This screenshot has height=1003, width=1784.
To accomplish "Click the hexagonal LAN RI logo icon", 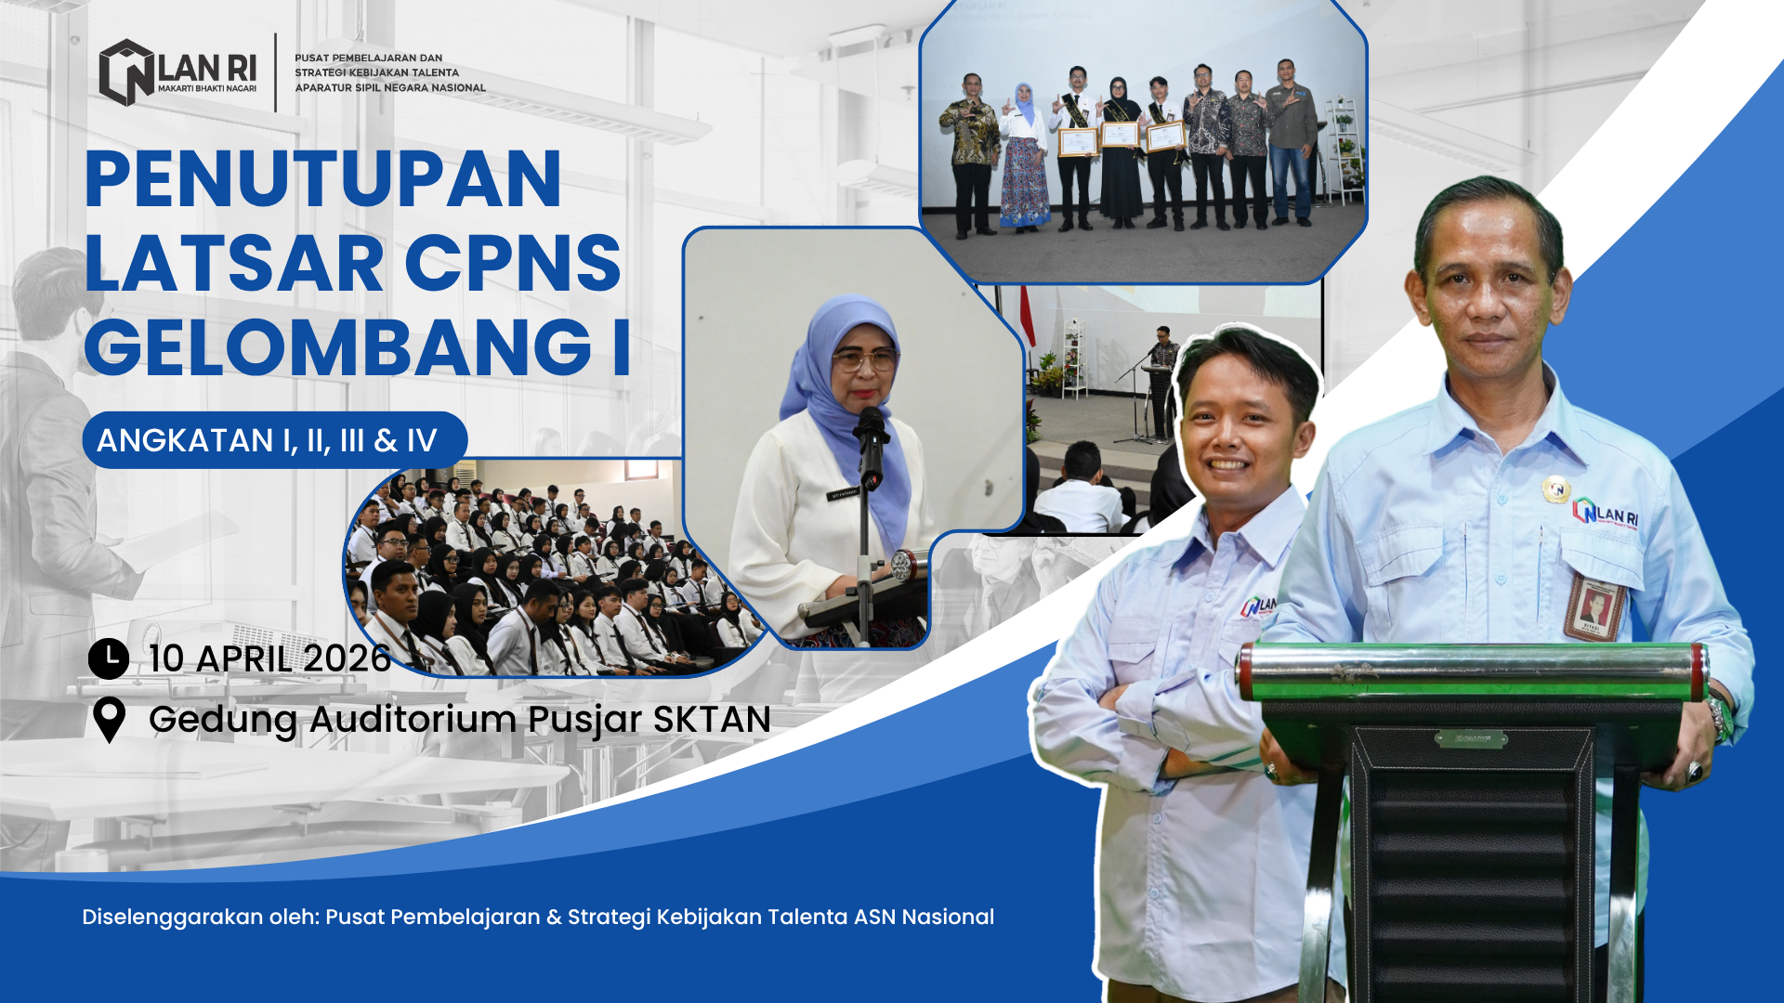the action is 126,72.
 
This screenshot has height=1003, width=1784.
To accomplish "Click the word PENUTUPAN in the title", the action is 323,178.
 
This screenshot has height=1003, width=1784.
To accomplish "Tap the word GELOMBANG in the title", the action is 338,347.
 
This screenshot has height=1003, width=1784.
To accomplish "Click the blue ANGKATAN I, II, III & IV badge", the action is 274,440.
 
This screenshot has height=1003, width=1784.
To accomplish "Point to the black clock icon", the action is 109,658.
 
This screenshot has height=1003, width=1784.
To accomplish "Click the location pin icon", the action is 109,720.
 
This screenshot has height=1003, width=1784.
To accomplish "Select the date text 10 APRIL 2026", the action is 269,658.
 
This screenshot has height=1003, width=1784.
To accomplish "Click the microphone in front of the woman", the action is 871,446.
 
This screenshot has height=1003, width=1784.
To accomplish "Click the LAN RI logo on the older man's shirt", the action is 1606,514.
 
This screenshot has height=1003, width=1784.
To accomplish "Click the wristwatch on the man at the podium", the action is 1718,718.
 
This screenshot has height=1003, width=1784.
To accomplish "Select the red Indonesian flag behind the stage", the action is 1027,316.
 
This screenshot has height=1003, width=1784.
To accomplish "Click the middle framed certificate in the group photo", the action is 1120,135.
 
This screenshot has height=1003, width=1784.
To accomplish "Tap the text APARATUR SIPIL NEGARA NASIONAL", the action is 390,88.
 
